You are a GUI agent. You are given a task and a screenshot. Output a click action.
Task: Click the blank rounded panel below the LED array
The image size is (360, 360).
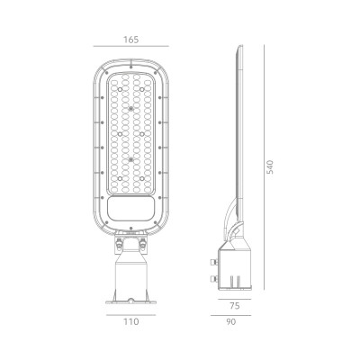(130, 214)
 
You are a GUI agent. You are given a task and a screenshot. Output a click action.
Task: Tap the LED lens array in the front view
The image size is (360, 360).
(130, 135)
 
